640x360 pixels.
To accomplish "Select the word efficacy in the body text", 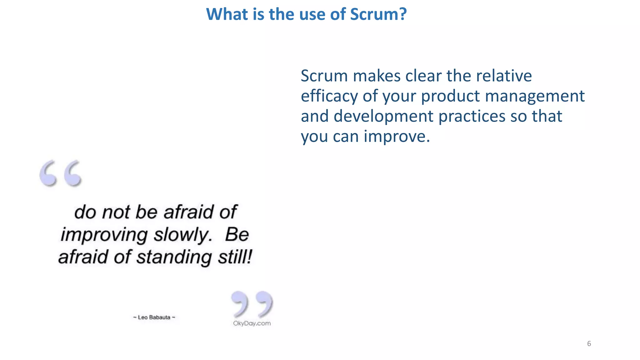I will point(328,96).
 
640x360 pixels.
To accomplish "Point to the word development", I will point(383,117).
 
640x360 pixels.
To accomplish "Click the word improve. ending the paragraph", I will point(397,137).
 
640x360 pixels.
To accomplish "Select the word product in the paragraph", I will point(450,96).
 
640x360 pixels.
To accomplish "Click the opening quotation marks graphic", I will point(61,173).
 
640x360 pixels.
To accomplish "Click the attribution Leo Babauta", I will point(154,317).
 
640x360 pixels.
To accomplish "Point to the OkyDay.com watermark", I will point(252,323).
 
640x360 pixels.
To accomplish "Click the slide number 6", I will point(589,344).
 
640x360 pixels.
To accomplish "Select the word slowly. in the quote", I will point(183,235).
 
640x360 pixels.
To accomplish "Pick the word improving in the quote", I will point(104,235).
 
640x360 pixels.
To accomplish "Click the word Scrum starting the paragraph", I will point(324,76).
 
